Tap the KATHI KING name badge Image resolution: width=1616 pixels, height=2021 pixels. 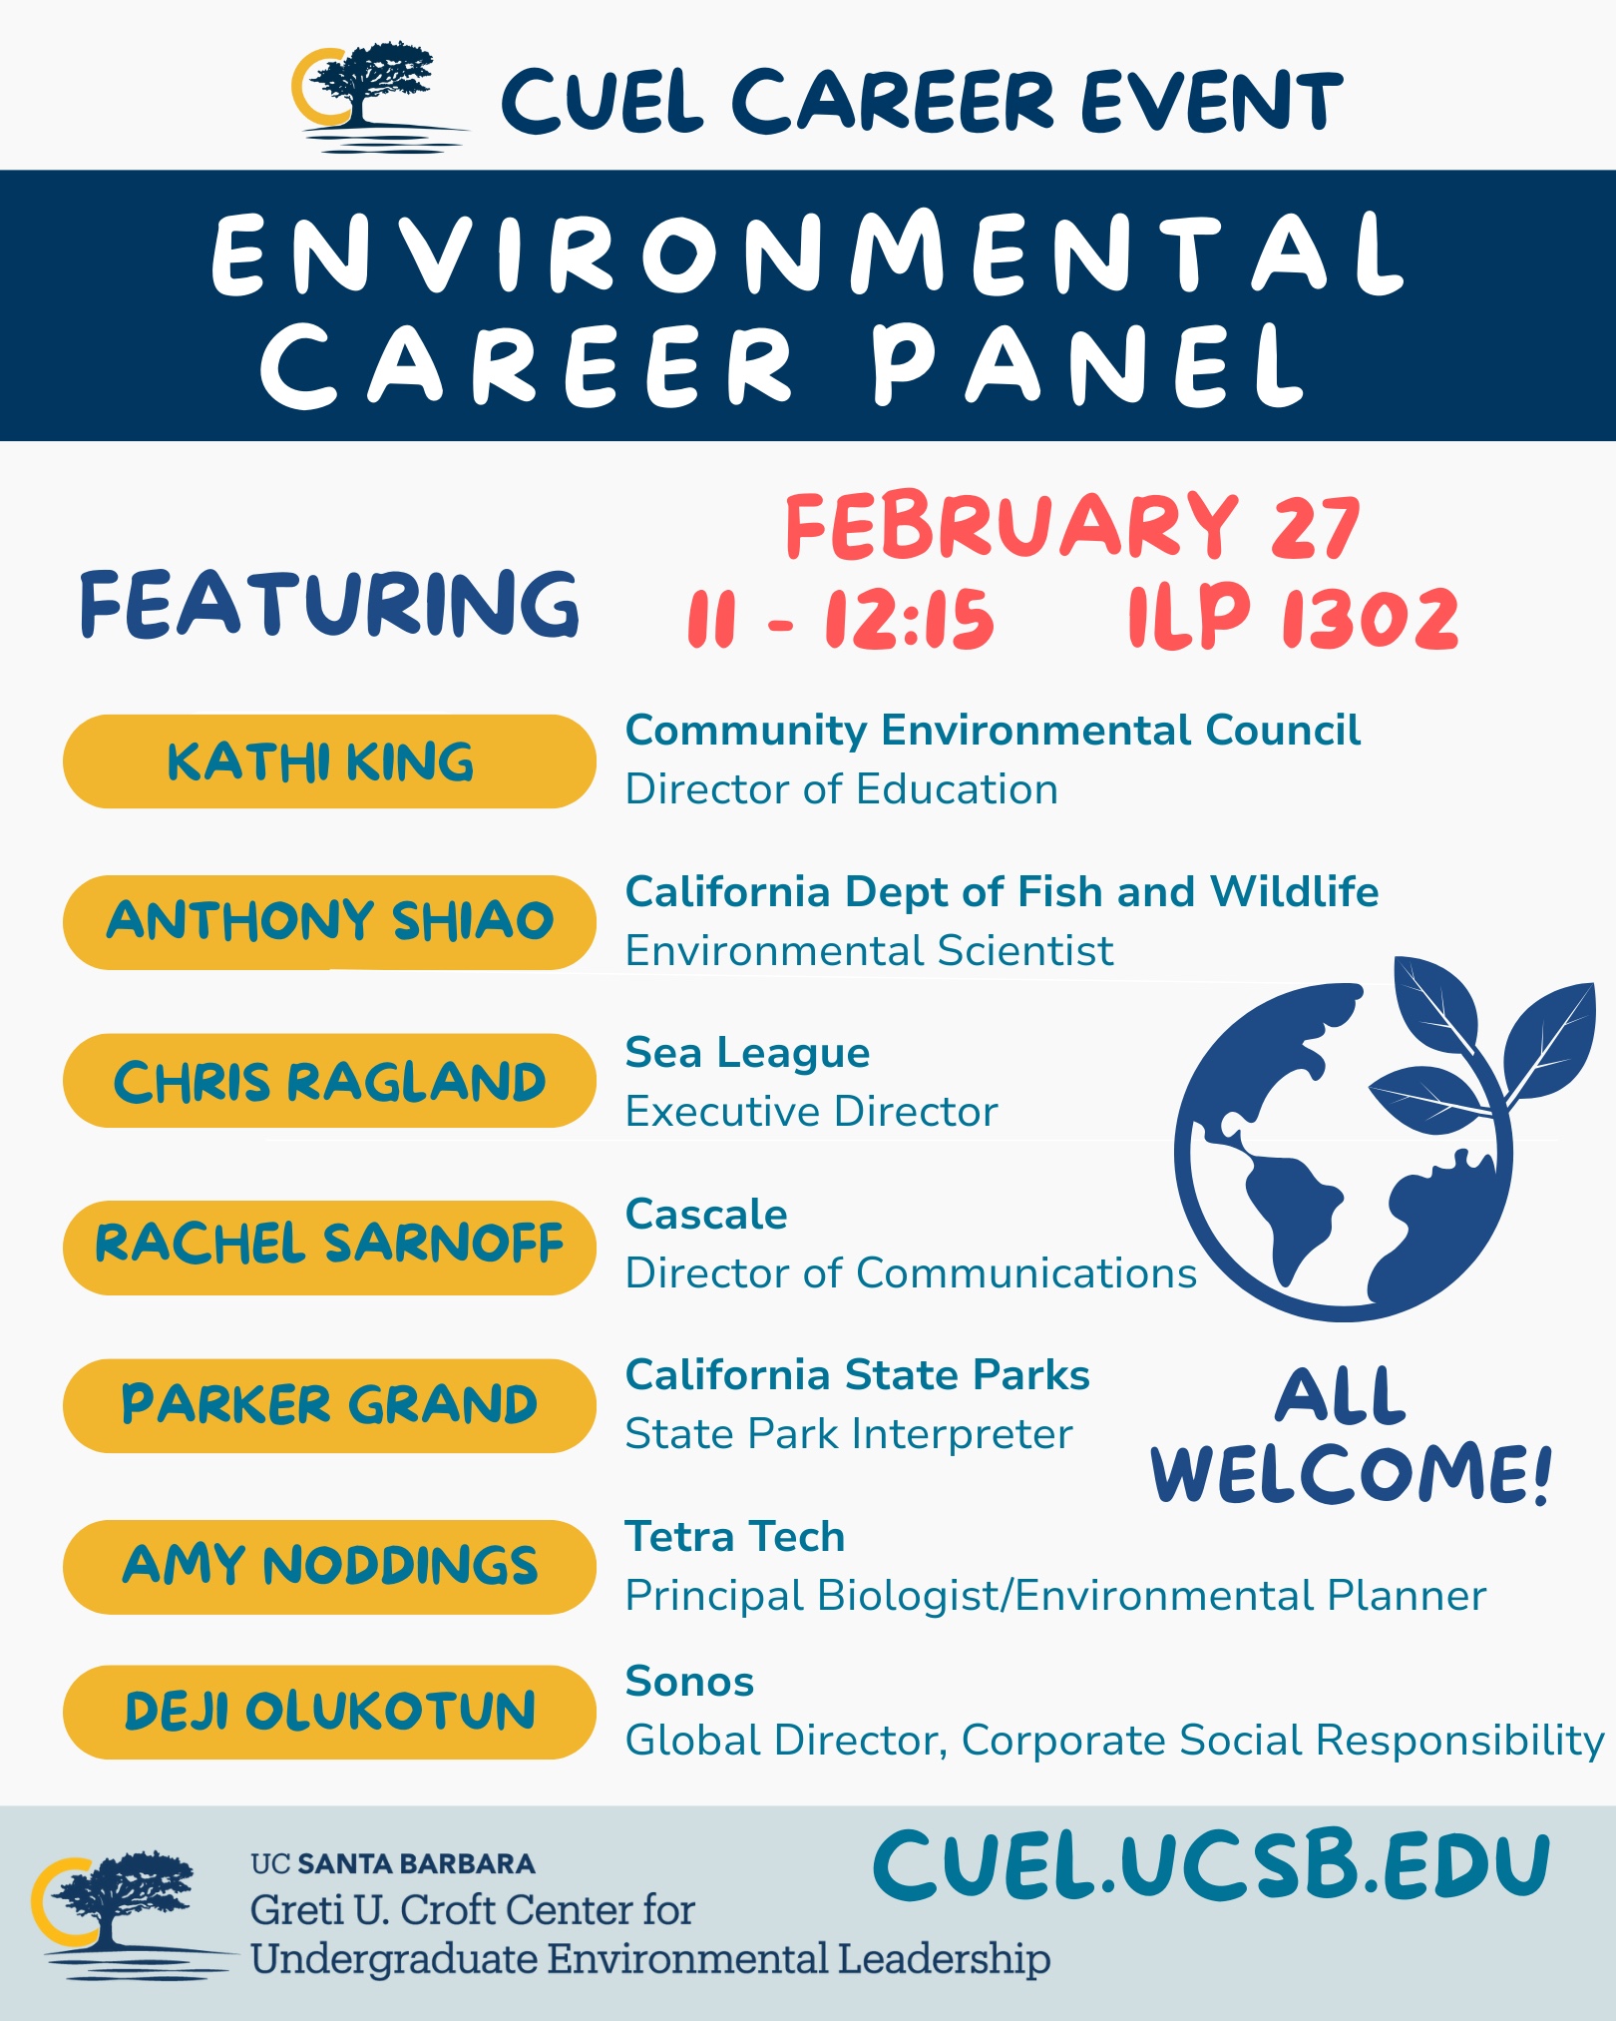329,761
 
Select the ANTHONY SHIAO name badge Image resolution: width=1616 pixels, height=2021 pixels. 329,921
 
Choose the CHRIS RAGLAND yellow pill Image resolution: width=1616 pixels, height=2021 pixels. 329,1082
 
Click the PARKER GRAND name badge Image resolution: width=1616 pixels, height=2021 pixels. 329,1405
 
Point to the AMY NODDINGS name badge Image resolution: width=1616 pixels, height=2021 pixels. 329,1566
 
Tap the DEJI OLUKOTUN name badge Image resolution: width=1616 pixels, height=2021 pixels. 329,1711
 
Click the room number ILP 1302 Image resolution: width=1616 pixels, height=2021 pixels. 1293,618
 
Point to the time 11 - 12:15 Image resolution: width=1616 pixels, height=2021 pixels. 840,619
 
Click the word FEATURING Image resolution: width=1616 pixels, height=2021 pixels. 329,604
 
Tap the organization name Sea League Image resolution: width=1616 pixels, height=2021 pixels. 747,1053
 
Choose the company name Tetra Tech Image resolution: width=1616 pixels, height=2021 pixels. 734,1537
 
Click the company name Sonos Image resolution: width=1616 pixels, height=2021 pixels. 689,1682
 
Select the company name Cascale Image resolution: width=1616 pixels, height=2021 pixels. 706,1215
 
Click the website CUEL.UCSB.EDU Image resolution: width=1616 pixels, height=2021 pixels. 1211,1864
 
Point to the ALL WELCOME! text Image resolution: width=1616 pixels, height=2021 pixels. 1351,1437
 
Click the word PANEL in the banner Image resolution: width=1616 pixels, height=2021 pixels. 1087,365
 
